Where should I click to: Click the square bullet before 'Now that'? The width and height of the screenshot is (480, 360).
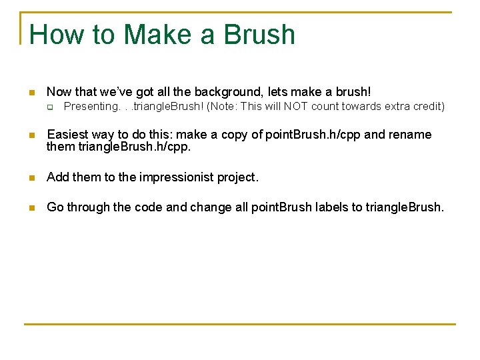(31, 92)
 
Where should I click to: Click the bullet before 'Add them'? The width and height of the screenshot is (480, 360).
(31, 177)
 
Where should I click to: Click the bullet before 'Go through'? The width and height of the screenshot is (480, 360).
(31, 207)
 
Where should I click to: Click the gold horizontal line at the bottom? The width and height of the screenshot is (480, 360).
(240, 325)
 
